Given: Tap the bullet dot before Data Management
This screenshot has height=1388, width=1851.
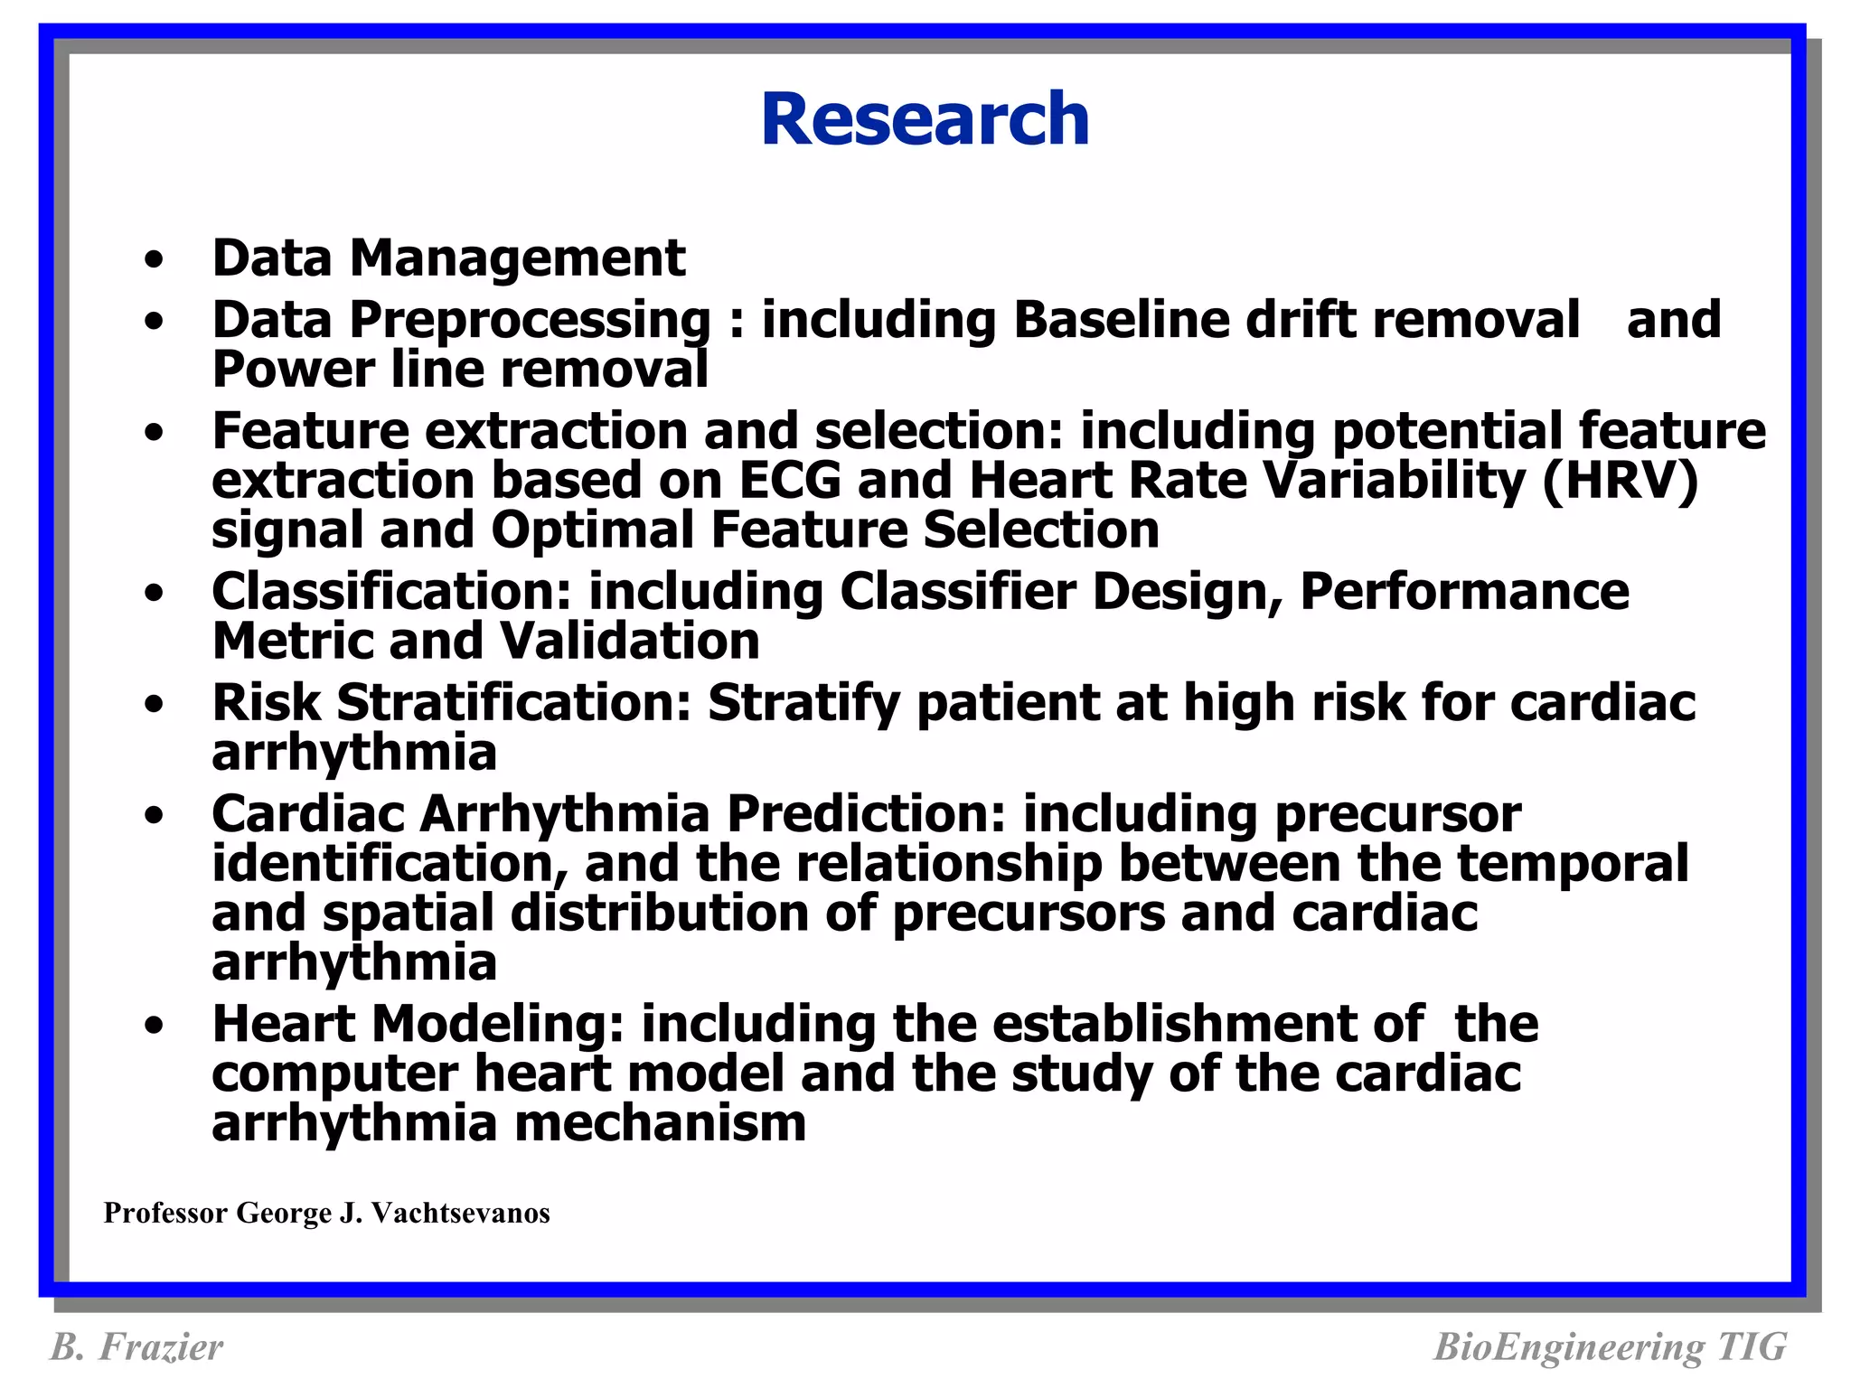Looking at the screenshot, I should (155, 260).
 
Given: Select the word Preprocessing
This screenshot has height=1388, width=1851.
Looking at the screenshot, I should (531, 322).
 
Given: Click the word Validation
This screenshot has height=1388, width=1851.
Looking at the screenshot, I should (629, 642).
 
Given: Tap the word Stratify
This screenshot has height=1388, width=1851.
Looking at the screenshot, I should (803, 703).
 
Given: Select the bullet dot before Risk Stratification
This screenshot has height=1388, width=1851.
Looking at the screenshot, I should (155, 704).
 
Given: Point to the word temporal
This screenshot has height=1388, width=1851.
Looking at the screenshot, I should (1573, 864).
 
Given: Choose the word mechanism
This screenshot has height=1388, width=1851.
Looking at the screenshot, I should (660, 1123).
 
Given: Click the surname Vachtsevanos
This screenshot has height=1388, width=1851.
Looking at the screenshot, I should (460, 1213).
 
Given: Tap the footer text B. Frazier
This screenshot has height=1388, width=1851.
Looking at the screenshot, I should (136, 1346).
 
